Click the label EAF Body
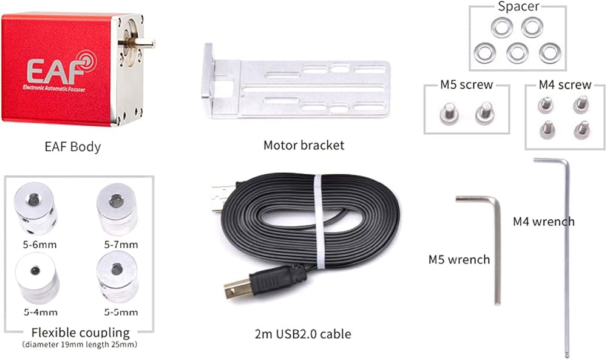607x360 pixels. [72, 147]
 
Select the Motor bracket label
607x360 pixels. [303, 145]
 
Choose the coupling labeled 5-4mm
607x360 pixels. [37, 278]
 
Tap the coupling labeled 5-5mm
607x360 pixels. [117, 277]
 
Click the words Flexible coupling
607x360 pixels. [81, 333]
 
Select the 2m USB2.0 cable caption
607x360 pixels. [303, 334]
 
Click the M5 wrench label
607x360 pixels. [459, 259]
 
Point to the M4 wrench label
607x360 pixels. [543, 222]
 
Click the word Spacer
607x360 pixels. [518, 7]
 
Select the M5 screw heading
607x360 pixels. [466, 85]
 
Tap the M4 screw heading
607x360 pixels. [565, 85]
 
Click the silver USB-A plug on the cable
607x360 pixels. [222, 197]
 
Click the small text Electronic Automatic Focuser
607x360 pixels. [54, 88]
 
